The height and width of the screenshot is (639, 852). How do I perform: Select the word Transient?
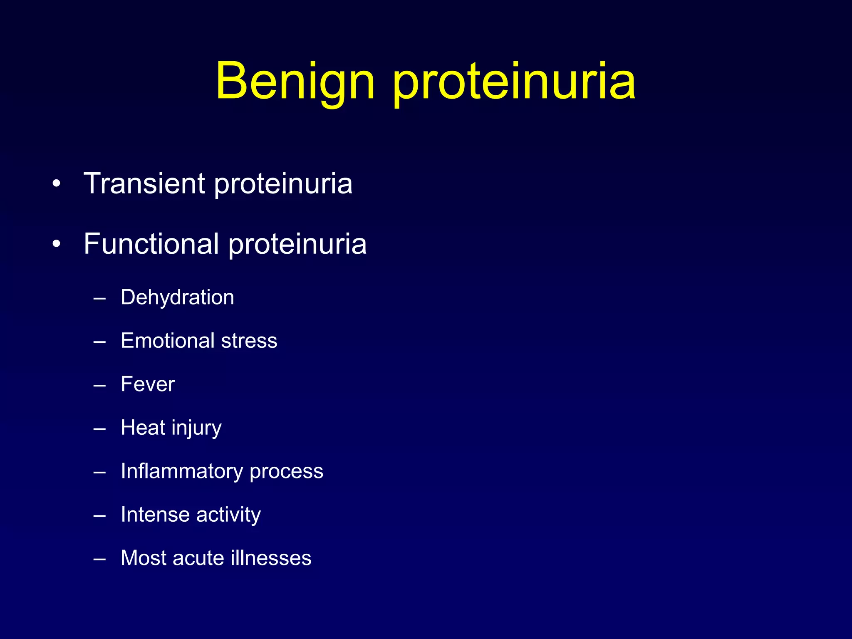coord(144,183)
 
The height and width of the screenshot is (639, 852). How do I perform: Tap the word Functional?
coord(151,244)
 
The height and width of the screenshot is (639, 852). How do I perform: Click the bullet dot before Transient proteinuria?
coord(57,183)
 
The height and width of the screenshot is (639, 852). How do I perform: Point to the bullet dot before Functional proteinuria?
coord(57,244)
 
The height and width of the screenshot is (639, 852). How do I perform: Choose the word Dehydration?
coord(177,297)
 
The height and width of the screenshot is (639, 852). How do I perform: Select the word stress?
coord(249,341)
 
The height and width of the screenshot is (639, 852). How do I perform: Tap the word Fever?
coord(148,384)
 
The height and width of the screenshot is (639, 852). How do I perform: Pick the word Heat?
coord(143,428)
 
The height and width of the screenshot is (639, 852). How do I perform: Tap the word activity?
coord(228,515)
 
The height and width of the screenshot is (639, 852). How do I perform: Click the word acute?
coord(198,558)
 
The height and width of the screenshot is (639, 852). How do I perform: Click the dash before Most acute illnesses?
coord(99,559)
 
